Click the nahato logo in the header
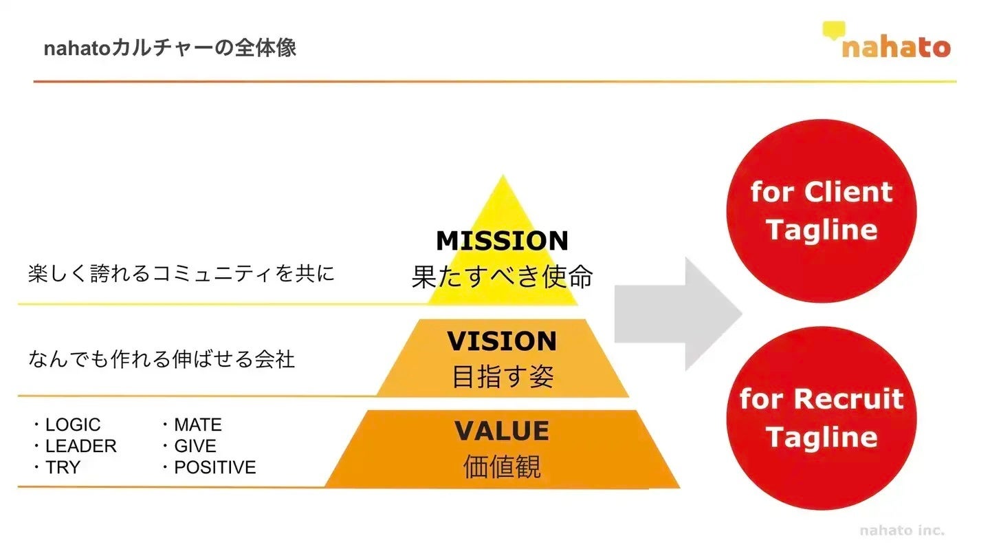coord(887,41)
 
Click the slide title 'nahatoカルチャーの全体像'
coord(170,49)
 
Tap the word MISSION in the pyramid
coord(502,241)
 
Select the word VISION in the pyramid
coord(502,341)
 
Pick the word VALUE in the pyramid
coord(502,431)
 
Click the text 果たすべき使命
coord(502,277)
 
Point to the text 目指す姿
coord(502,376)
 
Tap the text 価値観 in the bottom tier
coord(502,467)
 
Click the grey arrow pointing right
coord(677,314)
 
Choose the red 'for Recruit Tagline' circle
coord(822,418)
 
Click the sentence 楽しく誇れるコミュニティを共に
coord(181,274)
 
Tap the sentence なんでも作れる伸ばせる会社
coord(162,359)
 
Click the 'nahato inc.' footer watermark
coord(902,530)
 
